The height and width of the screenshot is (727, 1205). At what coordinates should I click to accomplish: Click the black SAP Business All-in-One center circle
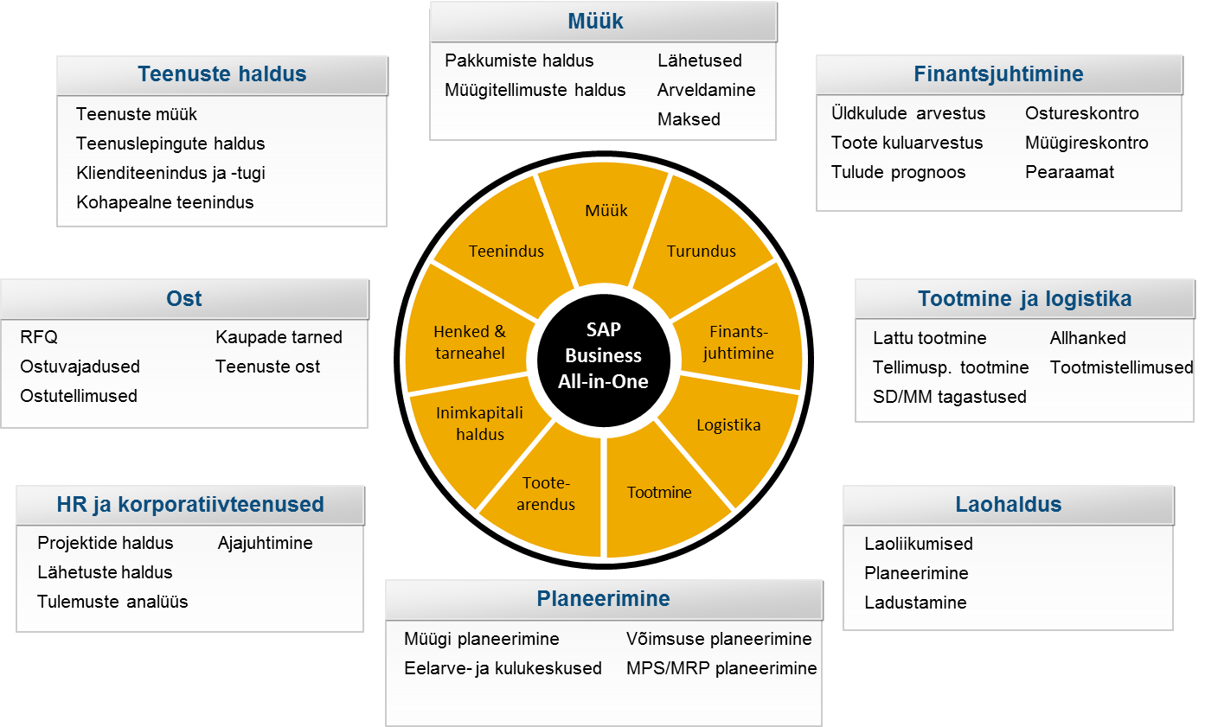click(x=604, y=360)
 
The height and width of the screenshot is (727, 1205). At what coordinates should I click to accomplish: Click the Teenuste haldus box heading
click(x=222, y=73)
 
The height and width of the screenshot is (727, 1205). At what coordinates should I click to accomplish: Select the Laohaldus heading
click(x=1008, y=504)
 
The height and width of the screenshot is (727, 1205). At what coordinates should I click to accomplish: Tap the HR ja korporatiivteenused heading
click(x=190, y=504)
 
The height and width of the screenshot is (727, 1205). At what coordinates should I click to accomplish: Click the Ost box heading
click(x=184, y=298)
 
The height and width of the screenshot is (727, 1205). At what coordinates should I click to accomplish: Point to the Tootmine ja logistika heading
click(x=1025, y=298)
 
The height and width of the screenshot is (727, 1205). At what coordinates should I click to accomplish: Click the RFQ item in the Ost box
click(x=39, y=337)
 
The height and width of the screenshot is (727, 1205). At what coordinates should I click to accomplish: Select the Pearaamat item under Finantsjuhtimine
click(x=1069, y=172)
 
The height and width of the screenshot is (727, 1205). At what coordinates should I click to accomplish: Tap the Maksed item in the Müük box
click(x=689, y=119)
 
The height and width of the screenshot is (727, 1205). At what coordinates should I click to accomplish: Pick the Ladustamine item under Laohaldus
click(x=915, y=603)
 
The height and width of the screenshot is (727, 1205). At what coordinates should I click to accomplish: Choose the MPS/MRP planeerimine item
click(x=721, y=668)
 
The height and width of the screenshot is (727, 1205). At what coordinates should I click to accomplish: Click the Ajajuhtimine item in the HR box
click(x=266, y=543)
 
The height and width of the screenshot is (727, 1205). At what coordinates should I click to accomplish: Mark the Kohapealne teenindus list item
click(x=164, y=202)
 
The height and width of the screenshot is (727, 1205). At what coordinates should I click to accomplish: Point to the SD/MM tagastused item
click(x=950, y=397)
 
